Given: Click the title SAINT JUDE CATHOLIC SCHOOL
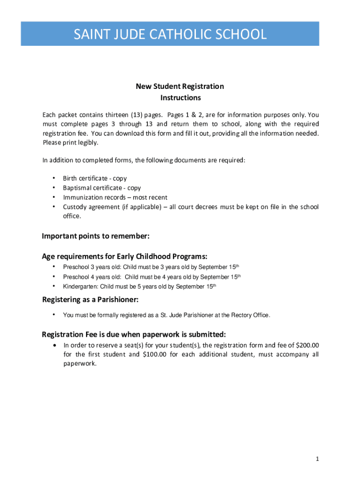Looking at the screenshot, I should pos(170,34).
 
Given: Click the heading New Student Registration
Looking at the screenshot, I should pos(180,87).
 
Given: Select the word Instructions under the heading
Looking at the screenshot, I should pos(180,98).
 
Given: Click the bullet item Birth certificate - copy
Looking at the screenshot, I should pos(95,179).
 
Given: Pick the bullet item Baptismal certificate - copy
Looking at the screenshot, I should pos(102,188).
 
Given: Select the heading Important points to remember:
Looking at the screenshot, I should pos(96,236).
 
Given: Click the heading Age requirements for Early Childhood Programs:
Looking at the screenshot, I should pos(125,256).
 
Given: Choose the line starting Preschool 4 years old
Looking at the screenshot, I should pos(151,277).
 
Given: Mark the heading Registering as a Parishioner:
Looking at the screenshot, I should pos(90,299).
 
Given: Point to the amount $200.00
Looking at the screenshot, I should pos(306,345).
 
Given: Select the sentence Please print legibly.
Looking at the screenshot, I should pos(71,143).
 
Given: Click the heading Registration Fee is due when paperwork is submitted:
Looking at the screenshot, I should pos(134,334).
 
